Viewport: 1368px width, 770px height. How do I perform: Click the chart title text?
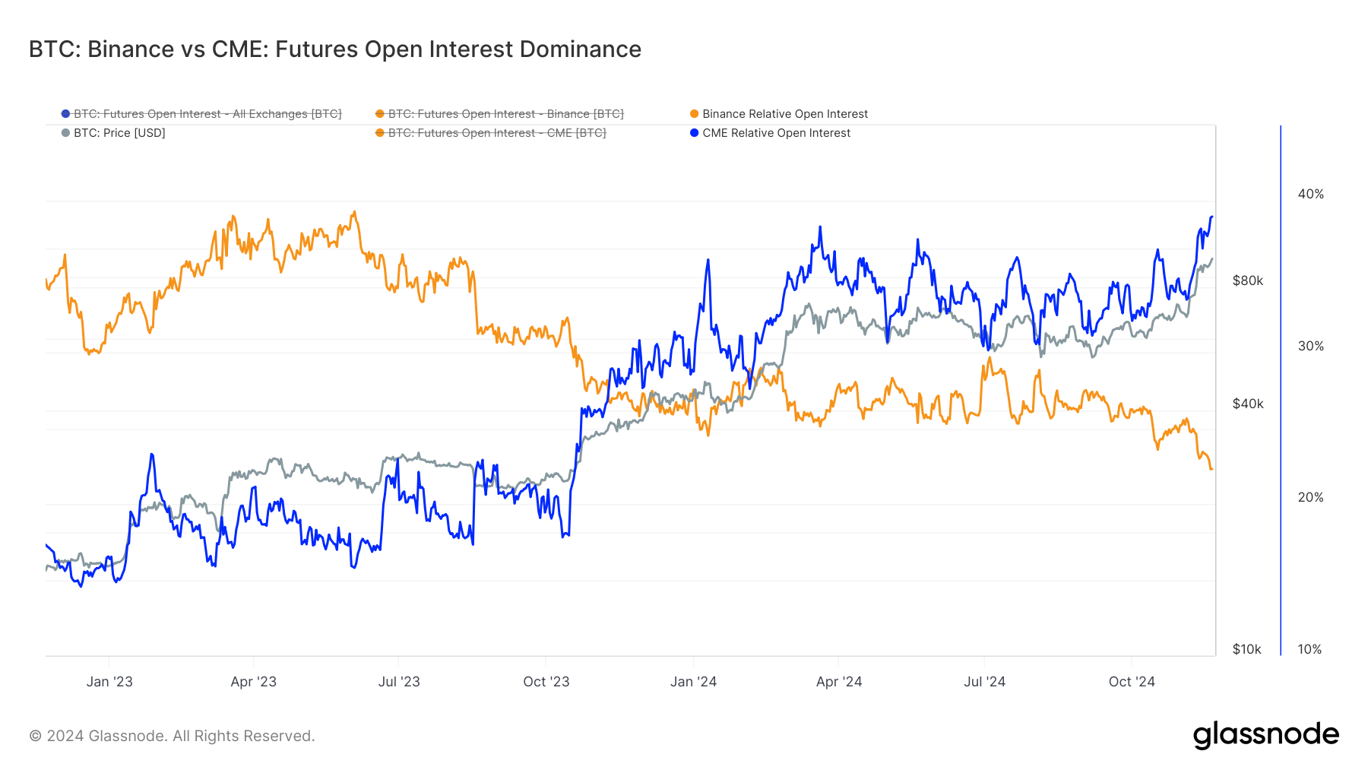[334, 49]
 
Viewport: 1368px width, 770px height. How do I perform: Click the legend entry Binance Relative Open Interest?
[784, 114]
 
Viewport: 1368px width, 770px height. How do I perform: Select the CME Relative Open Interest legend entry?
[776, 133]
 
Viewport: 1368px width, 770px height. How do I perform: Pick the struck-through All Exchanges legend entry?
[207, 114]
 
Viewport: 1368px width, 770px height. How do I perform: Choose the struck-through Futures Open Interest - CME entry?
[496, 133]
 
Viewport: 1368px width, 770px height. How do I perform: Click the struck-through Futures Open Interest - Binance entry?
[505, 114]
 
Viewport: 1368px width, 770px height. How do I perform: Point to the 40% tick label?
[1310, 195]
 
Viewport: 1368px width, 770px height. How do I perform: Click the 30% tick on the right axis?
[1310, 346]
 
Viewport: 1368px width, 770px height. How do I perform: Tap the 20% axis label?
[1310, 497]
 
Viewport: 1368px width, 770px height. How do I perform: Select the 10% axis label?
[1309, 649]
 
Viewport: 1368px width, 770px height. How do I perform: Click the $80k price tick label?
[1247, 280]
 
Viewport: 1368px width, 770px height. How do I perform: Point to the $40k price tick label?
[1247, 404]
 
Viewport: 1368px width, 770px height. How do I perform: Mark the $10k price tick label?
[1246, 649]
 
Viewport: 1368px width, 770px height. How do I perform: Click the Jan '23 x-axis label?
[109, 682]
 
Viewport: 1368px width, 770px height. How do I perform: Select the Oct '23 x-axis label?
[546, 682]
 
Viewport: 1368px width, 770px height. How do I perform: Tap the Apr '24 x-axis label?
[839, 682]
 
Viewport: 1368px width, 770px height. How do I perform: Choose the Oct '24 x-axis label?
[1132, 682]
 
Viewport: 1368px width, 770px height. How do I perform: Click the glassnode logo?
[1265, 735]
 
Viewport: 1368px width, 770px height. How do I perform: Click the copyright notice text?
[172, 736]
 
